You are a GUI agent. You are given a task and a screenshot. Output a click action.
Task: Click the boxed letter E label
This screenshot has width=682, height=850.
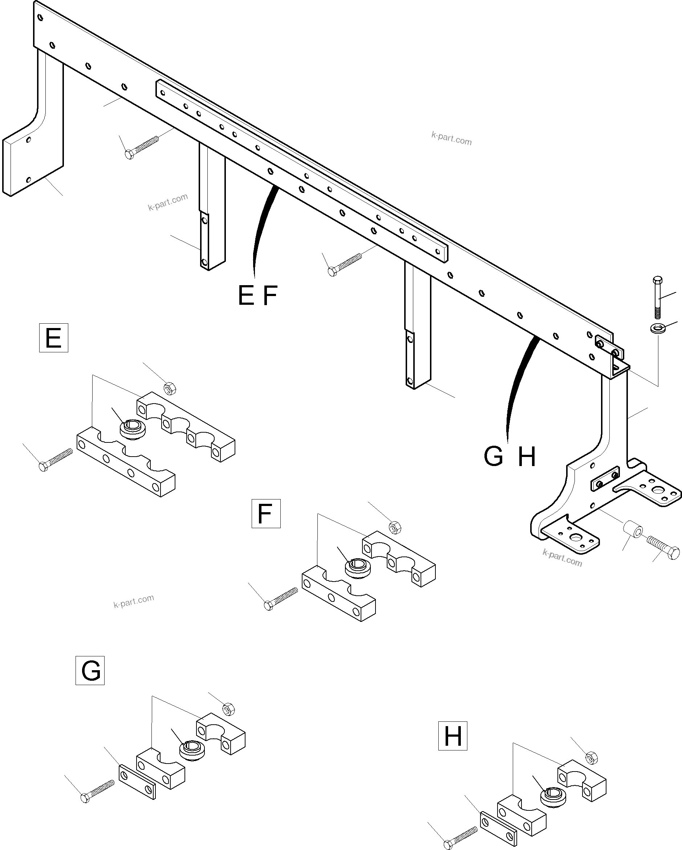click(x=54, y=338)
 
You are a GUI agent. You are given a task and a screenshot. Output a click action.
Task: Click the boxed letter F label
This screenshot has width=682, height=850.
click(x=266, y=514)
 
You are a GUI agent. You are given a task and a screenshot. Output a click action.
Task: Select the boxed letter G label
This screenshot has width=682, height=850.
click(x=90, y=671)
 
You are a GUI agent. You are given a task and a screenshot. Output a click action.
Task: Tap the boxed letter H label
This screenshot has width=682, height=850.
click(x=452, y=736)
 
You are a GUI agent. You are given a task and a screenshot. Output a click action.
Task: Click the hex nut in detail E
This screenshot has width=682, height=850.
click(x=170, y=389)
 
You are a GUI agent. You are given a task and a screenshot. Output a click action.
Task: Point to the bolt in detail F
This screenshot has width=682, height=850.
click(x=281, y=599)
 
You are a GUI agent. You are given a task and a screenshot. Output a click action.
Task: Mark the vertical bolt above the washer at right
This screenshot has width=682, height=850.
click(x=658, y=297)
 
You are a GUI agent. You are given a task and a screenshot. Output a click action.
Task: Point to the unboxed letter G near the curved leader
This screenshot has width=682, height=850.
click(x=494, y=457)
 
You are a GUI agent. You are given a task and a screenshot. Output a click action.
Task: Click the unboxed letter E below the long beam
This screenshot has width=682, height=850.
click(x=246, y=296)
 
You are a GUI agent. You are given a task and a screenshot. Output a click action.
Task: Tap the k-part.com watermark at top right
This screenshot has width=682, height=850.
click(x=451, y=138)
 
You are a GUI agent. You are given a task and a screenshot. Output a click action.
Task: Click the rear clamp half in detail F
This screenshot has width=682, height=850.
click(x=399, y=558)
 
